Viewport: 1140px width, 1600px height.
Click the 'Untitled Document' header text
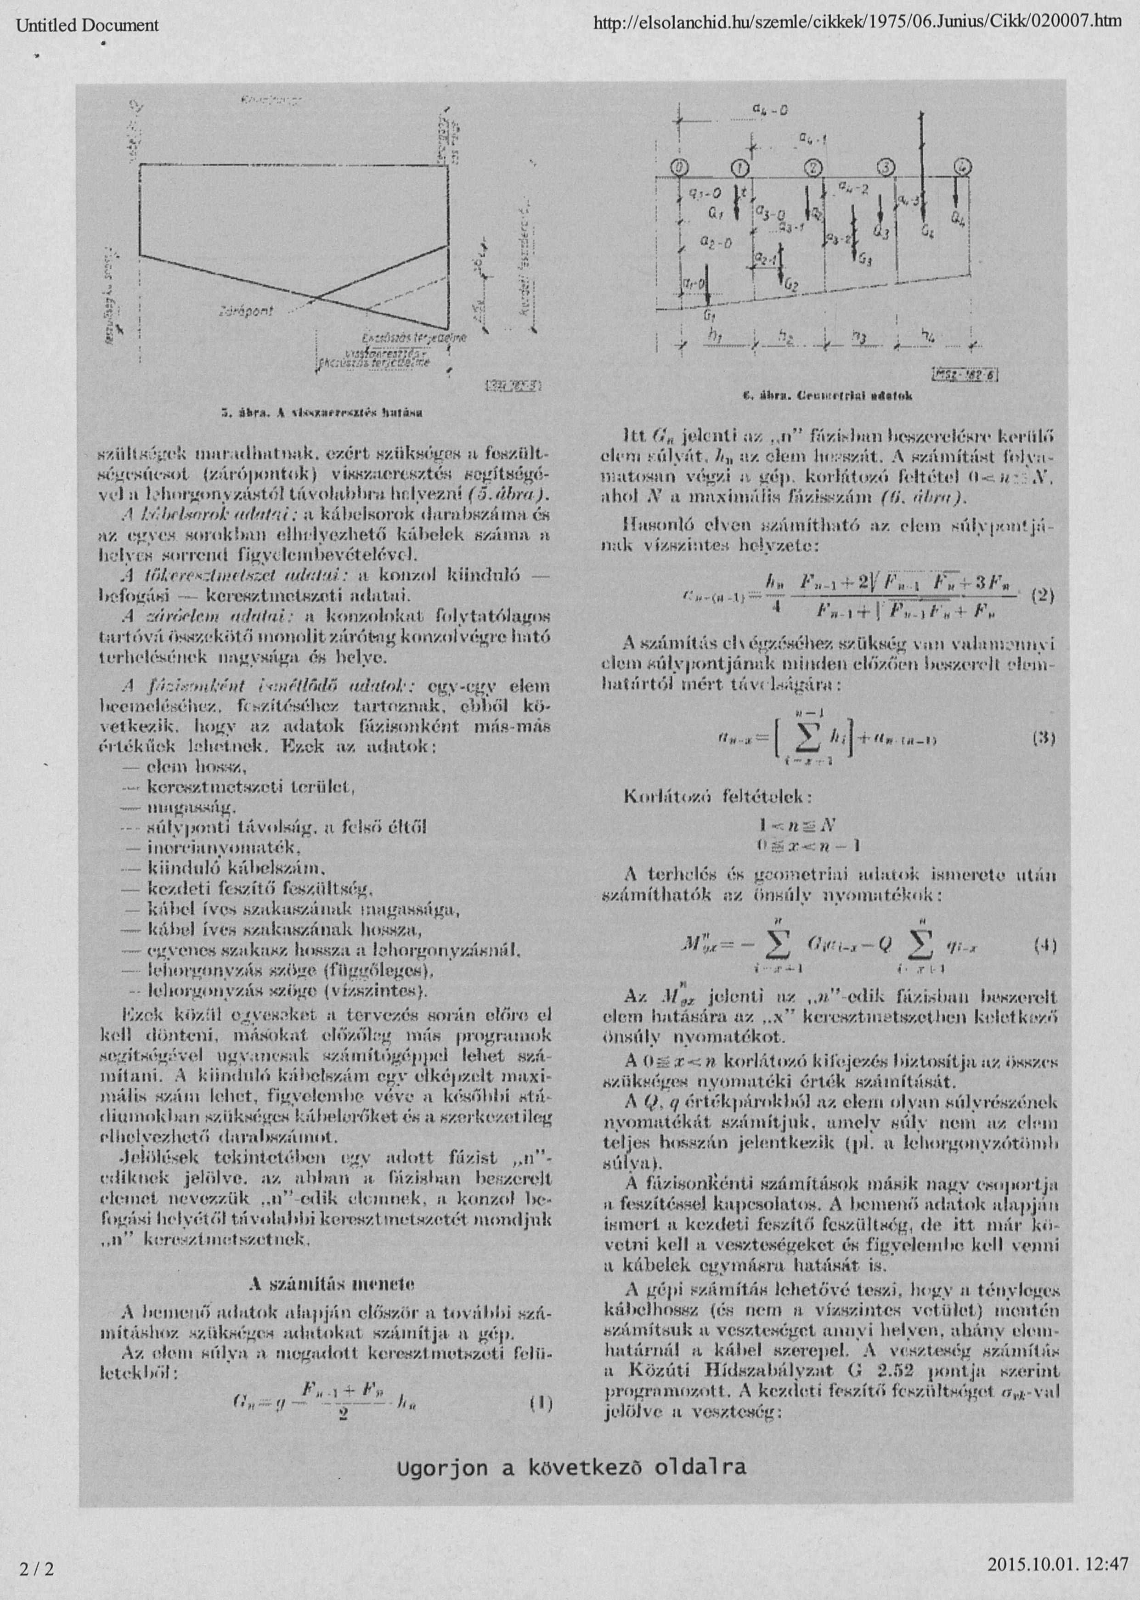88,26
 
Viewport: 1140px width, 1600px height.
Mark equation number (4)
1045,945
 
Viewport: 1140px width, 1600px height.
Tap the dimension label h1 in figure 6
716,337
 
